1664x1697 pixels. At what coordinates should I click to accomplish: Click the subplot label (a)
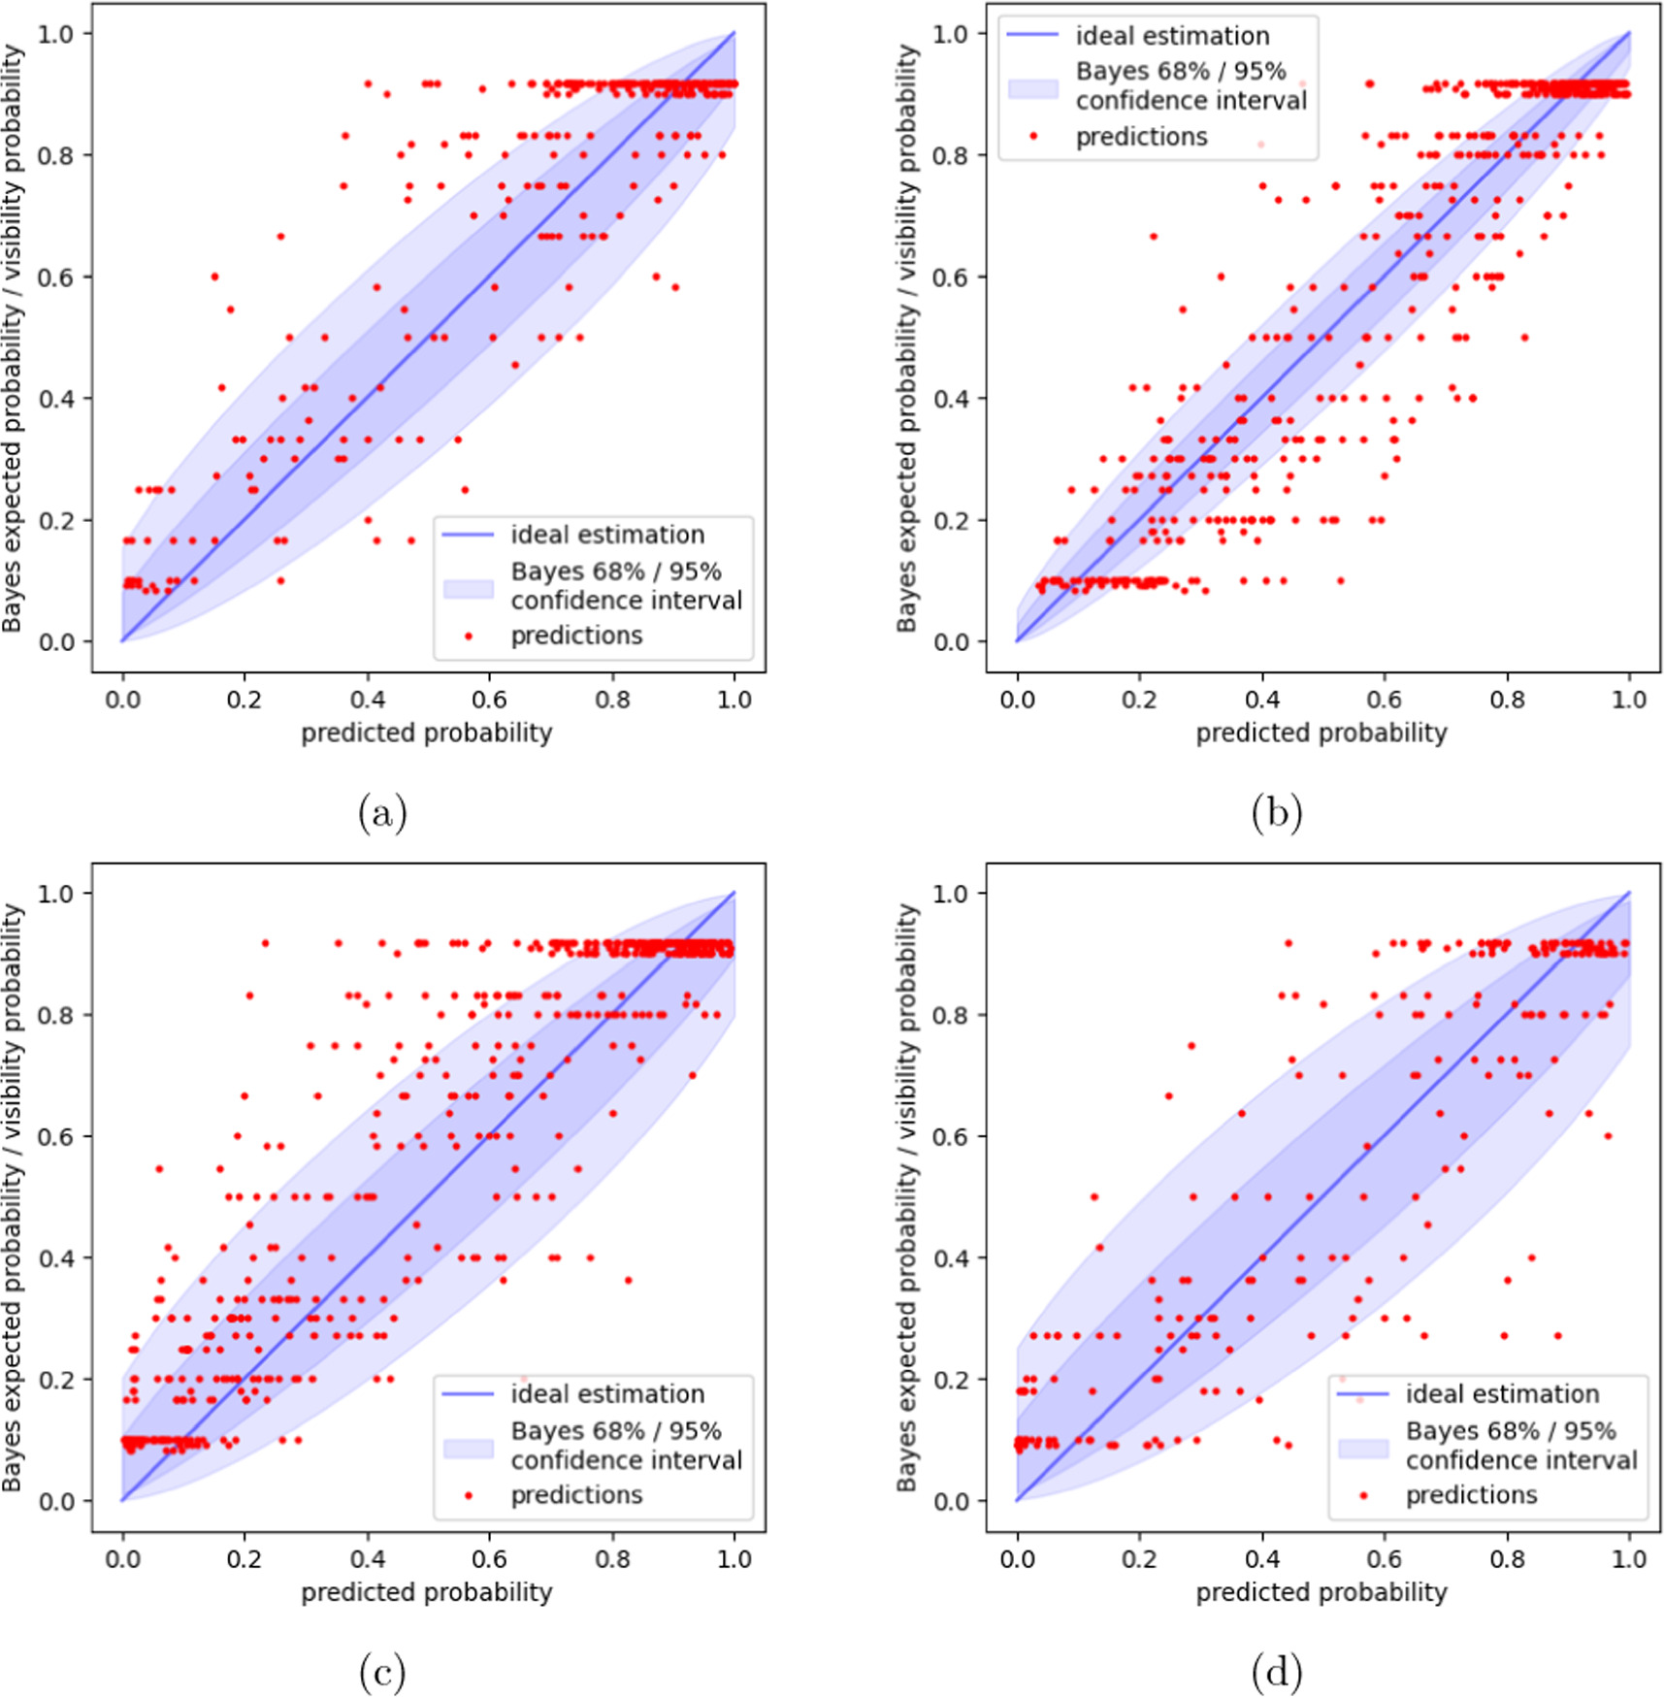tap(381, 812)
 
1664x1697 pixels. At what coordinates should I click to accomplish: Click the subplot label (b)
tap(1276, 812)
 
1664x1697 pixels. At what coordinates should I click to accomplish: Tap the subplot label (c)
tap(381, 1672)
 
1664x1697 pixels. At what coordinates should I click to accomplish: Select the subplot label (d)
tap(1276, 1672)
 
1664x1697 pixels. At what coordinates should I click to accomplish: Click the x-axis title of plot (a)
tap(426, 733)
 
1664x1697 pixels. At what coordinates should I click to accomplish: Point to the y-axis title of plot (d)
tap(906, 1197)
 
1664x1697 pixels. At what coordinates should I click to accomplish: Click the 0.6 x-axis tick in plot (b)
tap(1384, 700)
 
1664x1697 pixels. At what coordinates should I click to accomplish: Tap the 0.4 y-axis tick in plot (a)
tap(56, 399)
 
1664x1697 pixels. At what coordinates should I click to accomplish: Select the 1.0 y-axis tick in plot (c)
tap(56, 893)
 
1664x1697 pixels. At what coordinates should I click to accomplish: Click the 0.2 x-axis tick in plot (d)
tap(1139, 1559)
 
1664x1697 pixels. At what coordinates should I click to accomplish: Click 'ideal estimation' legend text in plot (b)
tap(1172, 36)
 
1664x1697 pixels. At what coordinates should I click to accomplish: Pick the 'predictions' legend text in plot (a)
tap(576, 636)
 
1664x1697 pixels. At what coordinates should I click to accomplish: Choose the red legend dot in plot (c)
tap(469, 1495)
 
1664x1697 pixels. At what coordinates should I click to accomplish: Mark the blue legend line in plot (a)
tap(469, 535)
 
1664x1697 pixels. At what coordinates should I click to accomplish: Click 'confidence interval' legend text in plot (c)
tap(626, 1460)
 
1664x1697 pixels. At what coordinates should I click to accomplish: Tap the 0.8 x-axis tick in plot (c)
tap(612, 1559)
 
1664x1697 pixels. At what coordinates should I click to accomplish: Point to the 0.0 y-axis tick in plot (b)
tap(951, 642)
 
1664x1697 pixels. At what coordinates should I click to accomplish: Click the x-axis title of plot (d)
tap(1321, 1592)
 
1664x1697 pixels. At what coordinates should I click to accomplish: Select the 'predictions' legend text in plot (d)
tap(1471, 1495)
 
